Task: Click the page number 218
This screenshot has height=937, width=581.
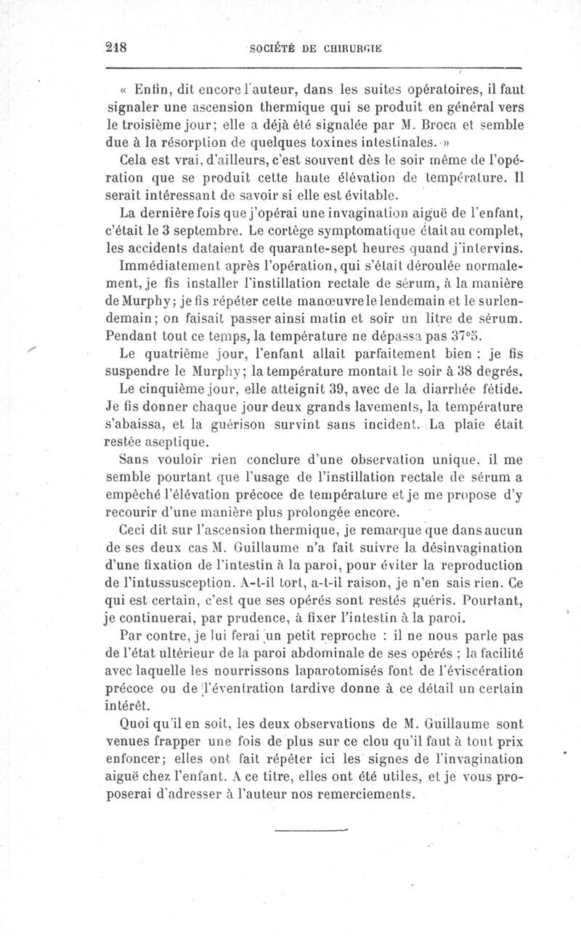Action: point(116,48)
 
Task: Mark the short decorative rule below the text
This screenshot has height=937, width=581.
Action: point(312,827)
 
